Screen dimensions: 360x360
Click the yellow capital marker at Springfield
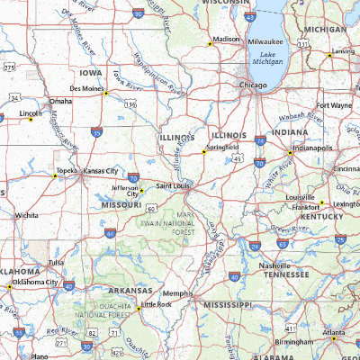(204, 152)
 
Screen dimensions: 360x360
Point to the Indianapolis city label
(312, 148)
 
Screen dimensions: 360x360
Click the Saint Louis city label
(175, 185)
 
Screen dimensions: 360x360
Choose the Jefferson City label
(125, 191)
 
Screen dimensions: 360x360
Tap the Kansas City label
(101, 171)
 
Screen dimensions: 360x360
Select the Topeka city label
(67, 170)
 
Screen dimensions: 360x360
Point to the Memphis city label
(177, 293)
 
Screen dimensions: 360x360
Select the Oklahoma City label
(40, 282)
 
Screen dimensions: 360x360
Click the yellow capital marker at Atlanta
(332, 339)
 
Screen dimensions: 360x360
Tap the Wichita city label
(26, 216)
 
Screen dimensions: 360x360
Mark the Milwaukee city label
(265, 41)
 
